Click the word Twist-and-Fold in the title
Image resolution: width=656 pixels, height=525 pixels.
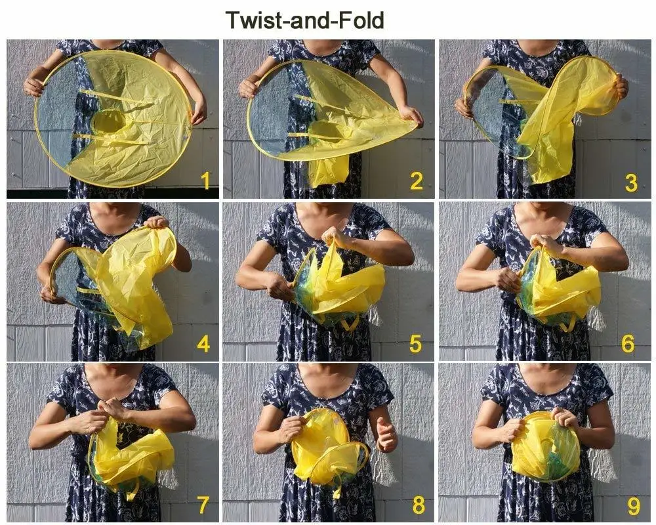pyautogui.click(x=304, y=20)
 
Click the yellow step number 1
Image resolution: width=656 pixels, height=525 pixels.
pyautogui.click(x=205, y=181)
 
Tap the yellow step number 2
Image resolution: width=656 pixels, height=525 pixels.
pyautogui.click(x=417, y=181)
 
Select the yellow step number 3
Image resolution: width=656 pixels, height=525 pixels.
pyautogui.click(x=631, y=182)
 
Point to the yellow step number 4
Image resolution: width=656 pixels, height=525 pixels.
pyautogui.click(x=203, y=344)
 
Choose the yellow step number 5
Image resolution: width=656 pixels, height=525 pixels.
pyautogui.click(x=415, y=344)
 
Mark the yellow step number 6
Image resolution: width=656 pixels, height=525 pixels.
pyautogui.click(x=628, y=344)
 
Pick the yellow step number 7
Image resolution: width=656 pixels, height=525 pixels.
pyautogui.click(x=204, y=505)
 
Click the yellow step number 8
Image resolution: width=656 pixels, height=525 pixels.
pyautogui.click(x=419, y=505)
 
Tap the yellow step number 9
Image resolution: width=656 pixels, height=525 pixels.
pyautogui.click(x=634, y=506)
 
